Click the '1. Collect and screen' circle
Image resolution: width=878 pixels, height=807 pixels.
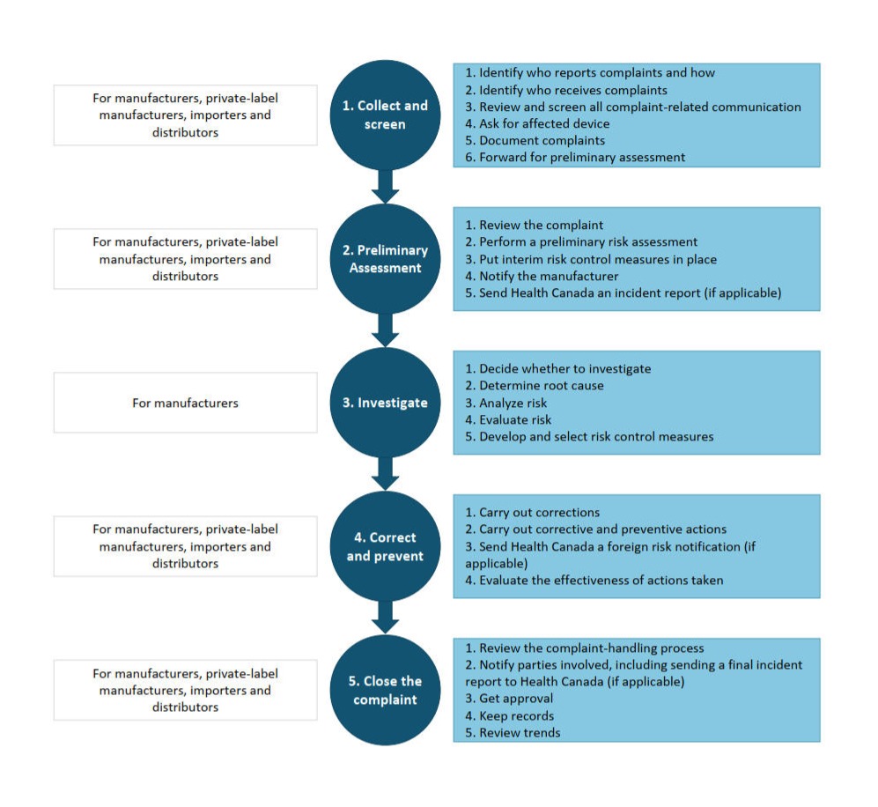[x=385, y=115]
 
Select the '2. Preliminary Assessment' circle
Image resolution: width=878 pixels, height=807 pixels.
[x=385, y=259]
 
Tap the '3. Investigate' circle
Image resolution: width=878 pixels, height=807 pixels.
[x=385, y=403]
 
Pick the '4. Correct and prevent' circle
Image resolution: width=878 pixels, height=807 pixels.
[x=385, y=546]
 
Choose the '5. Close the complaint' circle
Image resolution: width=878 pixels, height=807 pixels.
[x=385, y=690]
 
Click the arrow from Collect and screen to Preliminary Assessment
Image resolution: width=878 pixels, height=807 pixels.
[x=385, y=186]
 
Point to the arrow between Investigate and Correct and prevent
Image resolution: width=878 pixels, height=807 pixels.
[x=385, y=474]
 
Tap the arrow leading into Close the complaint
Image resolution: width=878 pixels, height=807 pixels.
[x=385, y=618]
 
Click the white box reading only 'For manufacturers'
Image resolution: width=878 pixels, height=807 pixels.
[x=185, y=403]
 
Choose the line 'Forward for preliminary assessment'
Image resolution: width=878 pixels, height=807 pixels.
[x=575, y=157]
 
